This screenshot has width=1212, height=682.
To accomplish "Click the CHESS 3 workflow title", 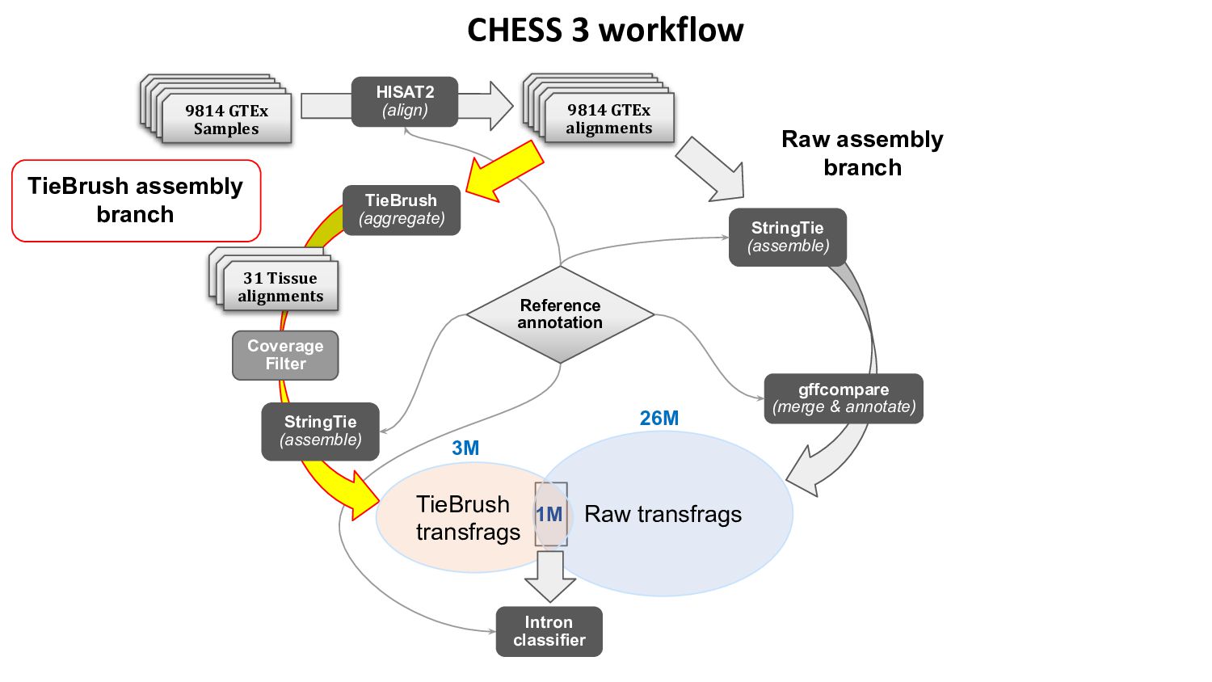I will [605, 31].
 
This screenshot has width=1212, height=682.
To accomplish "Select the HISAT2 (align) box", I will [405, 102].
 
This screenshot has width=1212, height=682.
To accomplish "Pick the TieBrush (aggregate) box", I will [402, 210].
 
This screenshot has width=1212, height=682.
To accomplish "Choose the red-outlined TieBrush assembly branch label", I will [136, 200].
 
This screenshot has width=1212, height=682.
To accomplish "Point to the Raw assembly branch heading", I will [862, 154].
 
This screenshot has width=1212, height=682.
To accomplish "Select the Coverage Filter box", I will [285, 355].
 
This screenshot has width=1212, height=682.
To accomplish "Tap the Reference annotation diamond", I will [560, 314].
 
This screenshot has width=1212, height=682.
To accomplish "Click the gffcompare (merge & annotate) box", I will [844, 398].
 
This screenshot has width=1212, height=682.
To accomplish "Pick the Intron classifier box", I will [549, 631].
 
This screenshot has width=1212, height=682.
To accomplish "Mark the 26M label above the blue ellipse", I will [659, 418].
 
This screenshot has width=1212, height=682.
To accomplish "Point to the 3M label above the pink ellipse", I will [465, 448].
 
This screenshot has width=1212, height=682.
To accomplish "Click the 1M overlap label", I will [549, 515].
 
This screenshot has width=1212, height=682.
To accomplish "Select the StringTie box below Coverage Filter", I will [321, 432].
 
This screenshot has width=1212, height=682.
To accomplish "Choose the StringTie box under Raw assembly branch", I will [788, 237].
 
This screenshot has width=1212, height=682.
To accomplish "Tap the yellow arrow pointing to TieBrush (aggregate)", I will [505, 172].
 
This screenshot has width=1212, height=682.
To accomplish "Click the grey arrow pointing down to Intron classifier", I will [550, 575].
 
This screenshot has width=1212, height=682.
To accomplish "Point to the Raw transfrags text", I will [663, 515].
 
